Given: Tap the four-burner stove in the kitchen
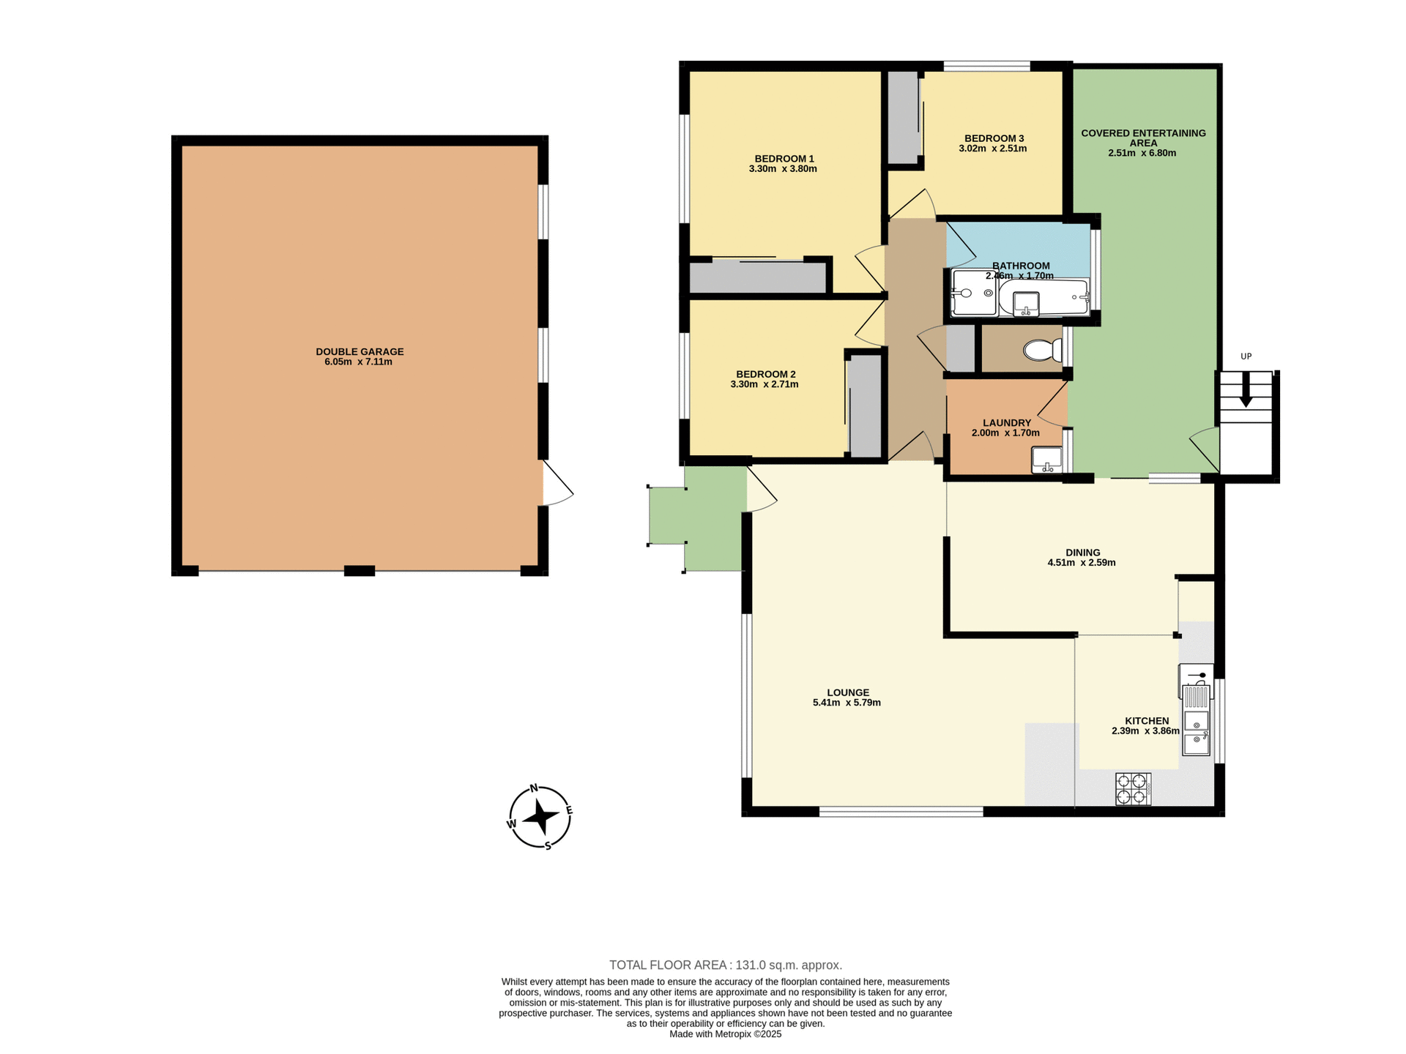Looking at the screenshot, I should click(x=1133, y=789).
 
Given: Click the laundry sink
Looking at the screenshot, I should click(x=1046, y=460).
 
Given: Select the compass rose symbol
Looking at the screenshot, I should click(x=540, y=818).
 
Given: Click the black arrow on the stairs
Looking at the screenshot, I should click(x=1246, y=395).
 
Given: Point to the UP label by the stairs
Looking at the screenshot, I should click(x=1246, y=356).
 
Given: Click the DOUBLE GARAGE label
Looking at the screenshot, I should click(x=360, y=351).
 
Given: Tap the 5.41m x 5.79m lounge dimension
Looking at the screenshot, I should click(x=847, y=703).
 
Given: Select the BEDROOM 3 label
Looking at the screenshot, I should click(x=994, y=138).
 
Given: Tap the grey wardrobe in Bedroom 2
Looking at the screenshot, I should click(x=865, y=406).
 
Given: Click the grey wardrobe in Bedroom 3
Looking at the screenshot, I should click(x=903, y=117).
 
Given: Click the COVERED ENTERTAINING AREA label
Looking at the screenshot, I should click(x=1142, y=138).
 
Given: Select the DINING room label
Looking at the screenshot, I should click(x=1082, y=553).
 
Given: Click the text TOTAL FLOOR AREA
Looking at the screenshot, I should click(x=668, y=965).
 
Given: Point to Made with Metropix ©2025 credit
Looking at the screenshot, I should click(x=725, y=1034).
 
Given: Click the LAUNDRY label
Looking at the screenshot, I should click(x=1006, y=423).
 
